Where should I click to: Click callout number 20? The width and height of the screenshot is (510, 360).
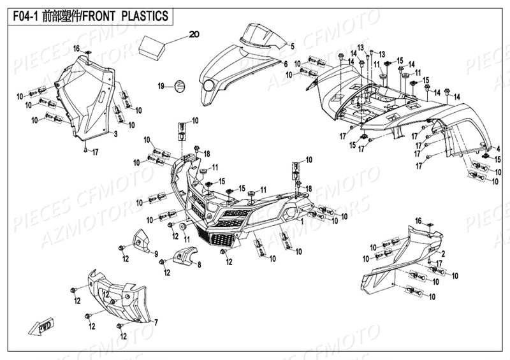195,34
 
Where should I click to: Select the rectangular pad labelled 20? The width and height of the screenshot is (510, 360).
156,45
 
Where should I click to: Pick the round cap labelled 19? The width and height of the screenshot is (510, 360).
179,85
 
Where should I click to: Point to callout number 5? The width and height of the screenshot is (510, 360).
292,47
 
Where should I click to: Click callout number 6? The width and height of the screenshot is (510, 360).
285,64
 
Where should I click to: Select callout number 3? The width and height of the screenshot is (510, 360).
116,135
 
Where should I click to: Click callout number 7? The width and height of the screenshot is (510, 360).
156,322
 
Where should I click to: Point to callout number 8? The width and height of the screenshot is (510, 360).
199,265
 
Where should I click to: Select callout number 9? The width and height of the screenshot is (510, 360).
155,254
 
